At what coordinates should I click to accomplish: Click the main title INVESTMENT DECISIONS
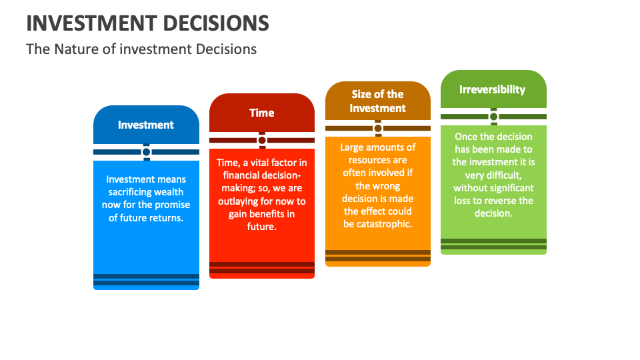(147, 23)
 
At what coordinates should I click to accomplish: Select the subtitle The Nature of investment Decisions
(141, 49)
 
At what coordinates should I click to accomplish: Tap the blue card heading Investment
(146, 125)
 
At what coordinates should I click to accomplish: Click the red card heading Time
(261, 113)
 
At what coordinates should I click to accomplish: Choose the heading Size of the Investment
(377, 101)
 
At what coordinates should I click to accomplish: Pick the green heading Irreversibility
(492, 89)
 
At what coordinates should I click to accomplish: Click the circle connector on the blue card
(146, 152)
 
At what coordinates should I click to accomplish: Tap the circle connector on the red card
(262, 140)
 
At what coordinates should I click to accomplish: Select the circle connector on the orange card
(378, 128)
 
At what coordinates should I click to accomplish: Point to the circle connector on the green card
(493, 117)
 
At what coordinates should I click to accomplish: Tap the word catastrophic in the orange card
(384, 223)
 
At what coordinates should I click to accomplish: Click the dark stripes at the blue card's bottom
(146, 279)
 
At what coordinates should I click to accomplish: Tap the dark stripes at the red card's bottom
(262, 267)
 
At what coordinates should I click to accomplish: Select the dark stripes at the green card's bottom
(493, 244)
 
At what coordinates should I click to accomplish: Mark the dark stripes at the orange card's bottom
(378, 255)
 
